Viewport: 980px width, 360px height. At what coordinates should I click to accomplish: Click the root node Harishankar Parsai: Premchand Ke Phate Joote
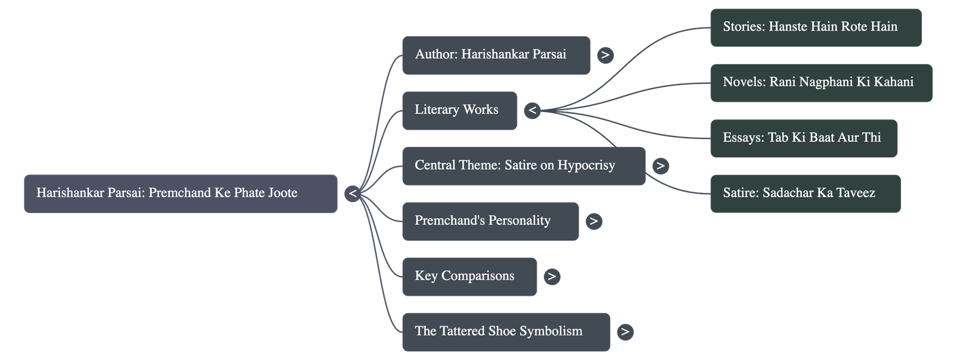180,193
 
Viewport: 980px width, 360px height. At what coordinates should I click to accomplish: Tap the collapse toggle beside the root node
352,194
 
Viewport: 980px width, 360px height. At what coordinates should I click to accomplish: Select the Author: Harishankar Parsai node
496,55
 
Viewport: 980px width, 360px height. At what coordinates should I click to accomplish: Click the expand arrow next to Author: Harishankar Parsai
605,55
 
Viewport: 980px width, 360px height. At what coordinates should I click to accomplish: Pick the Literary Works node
459,110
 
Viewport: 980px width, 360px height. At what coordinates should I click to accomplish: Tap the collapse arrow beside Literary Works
532,111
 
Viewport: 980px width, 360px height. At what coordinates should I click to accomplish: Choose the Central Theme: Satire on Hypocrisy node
524,166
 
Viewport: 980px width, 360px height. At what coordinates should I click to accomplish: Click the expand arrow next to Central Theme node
660,166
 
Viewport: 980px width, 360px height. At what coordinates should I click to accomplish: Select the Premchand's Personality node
490,221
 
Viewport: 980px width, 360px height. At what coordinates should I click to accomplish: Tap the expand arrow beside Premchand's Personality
593,221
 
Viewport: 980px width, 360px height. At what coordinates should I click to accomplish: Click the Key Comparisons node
469,276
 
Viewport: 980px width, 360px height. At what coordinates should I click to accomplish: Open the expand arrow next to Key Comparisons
551,277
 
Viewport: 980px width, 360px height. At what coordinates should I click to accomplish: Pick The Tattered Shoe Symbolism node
506,332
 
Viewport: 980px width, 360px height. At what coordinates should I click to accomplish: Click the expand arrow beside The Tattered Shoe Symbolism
624,332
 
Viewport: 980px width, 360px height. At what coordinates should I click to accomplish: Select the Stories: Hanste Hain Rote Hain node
815,28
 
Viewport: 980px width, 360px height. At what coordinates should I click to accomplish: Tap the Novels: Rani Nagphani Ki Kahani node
821,83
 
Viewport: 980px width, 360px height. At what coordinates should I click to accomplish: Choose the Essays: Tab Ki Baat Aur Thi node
804,138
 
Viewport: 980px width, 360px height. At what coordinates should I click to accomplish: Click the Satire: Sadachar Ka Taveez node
805,193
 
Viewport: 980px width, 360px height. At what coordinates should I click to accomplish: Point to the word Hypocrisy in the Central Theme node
586,165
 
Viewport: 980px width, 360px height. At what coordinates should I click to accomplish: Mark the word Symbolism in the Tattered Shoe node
551,331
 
